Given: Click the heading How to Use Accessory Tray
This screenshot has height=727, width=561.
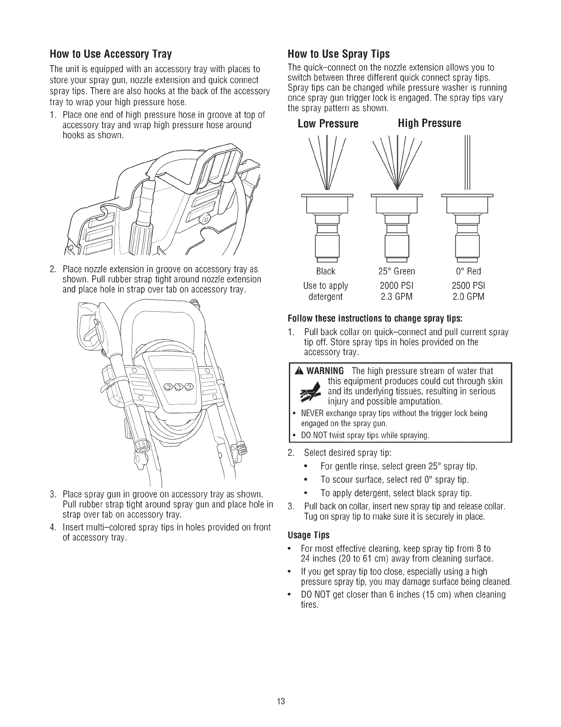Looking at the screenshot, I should [x=110, y=55].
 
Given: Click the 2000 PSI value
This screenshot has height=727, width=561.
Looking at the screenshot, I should [x=396, y=285].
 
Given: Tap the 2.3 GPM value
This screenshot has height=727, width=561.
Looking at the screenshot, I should [x=396, y=296].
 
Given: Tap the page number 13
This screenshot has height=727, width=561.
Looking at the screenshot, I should [x=281, y=701].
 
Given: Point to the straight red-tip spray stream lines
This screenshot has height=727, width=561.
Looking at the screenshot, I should [x=467, y=163].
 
